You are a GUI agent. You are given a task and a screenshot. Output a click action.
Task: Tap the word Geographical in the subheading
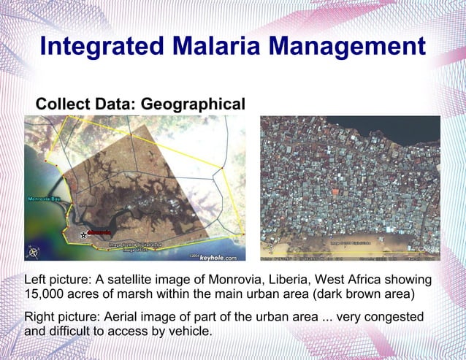click(x=193, y=104)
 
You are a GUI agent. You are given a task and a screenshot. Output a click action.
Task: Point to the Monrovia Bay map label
click(x=45, y=199)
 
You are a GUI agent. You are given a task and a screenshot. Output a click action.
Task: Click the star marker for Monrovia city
click(x=83, y=235)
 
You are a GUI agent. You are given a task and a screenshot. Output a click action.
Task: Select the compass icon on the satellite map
click(x=33, y=253)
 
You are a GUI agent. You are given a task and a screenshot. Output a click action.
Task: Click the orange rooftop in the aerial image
click(x=335, y=192)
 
